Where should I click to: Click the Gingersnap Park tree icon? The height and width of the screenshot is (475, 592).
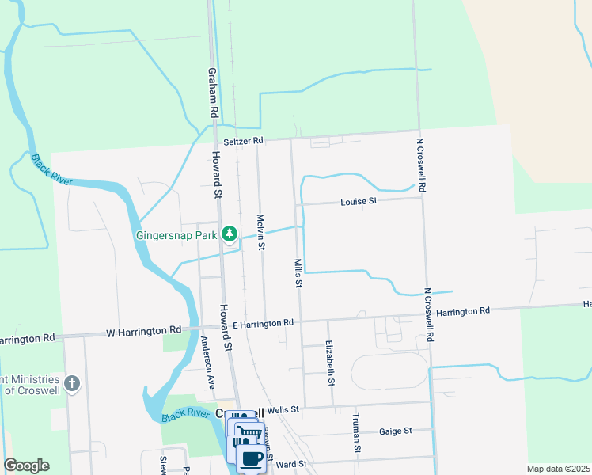click(230, 234)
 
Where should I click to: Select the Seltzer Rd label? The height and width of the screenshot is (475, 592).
click(242, 141)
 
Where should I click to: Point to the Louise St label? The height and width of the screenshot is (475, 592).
click(359, 202)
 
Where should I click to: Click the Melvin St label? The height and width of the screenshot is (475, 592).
click(260, 231)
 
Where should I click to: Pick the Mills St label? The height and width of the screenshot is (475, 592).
click(298, 272)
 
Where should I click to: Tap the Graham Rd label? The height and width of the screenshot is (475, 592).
click(212, 92)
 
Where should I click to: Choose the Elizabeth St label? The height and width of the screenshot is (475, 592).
click(329, 363)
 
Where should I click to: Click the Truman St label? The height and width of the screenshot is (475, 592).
click(357, 432)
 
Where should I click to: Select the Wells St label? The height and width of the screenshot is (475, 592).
click(283, 409)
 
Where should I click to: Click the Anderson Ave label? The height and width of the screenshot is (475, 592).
click(207, 363)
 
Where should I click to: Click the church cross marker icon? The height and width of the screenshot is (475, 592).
click(72, 385)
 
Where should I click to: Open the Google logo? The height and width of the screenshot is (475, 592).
click(26, 465)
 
